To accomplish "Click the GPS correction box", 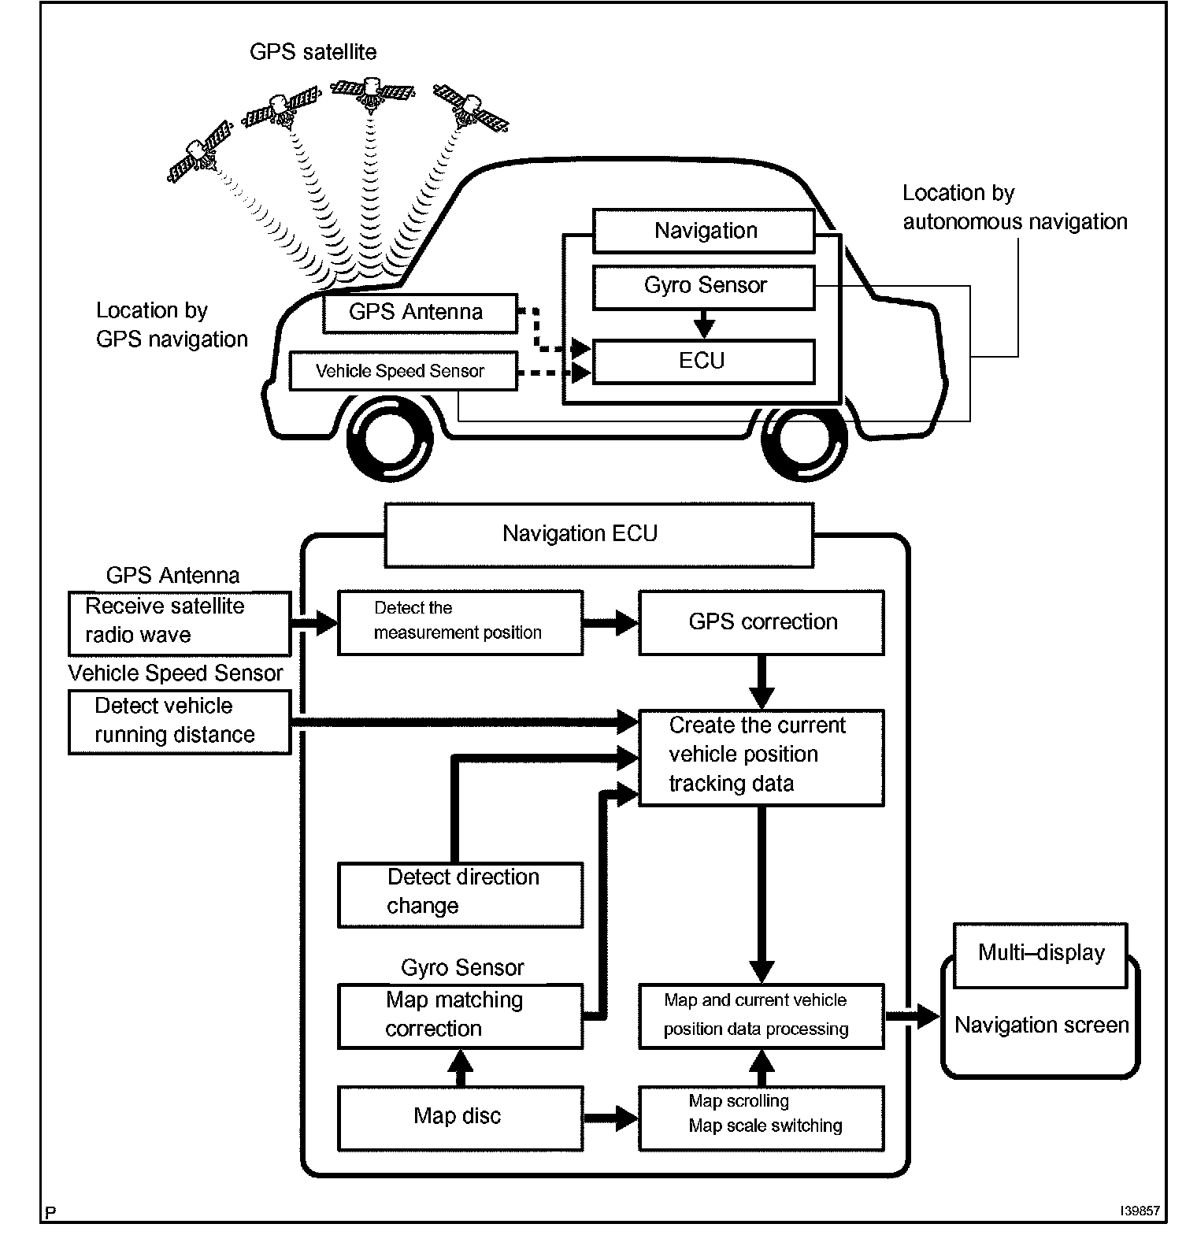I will [761, 622].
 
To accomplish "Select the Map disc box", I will [460, 1118].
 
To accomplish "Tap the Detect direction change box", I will [460, 895].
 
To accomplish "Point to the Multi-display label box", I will [1040, 954].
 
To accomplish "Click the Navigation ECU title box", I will [598, 535].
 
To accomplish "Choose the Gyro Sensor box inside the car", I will [703, 286].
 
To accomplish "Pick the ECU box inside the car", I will [703, 362].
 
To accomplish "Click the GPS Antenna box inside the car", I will [419, 313].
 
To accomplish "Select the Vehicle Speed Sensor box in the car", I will [402, 371].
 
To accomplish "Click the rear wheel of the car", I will [391, 445].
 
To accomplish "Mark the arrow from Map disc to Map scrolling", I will [611, 1118].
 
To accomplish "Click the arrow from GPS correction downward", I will [761, 682].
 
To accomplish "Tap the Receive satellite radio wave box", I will [179, 622].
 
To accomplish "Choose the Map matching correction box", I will [460, 1015].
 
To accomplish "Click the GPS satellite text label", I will [313, 52].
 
